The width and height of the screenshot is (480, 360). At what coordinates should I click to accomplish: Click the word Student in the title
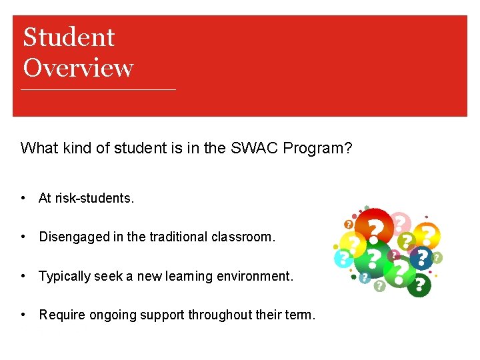tap(69, 37)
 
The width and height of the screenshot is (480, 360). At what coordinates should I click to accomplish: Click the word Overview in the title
tap(78, 68)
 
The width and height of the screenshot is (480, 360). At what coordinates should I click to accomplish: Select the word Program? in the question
tap(318, 148)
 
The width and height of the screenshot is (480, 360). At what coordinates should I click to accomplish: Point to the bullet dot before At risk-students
tap(23, 198)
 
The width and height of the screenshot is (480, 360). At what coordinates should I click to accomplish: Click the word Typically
tap(64, 275)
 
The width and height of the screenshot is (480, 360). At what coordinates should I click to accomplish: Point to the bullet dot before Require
tap(23, 315)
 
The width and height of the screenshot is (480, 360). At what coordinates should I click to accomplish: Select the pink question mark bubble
tap(400, 221)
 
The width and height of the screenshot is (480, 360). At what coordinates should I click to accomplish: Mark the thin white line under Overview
tap(99, 89)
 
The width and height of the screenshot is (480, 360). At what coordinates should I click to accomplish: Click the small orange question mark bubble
tap(348, 225)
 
